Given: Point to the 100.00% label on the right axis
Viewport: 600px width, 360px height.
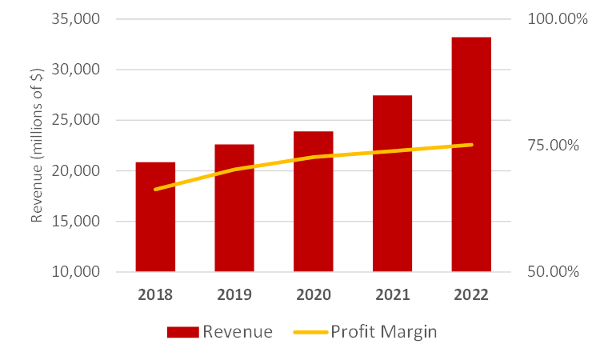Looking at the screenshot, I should coord(558,19).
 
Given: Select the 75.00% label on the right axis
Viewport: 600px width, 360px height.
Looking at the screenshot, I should coord(554,146).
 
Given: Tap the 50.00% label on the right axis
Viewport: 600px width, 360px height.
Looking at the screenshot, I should coord(554,272).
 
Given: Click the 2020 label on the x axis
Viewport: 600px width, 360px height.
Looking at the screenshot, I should coord(313,294).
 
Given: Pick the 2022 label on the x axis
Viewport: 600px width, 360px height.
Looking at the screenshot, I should coord(471,294).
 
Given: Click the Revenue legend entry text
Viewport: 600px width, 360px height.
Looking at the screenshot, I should coord(237,332).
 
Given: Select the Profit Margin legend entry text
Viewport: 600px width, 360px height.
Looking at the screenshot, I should coord(384,332).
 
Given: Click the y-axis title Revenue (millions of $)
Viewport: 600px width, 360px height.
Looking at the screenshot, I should coord(37,146).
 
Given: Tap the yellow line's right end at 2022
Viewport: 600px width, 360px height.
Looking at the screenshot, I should coord(471,145).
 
